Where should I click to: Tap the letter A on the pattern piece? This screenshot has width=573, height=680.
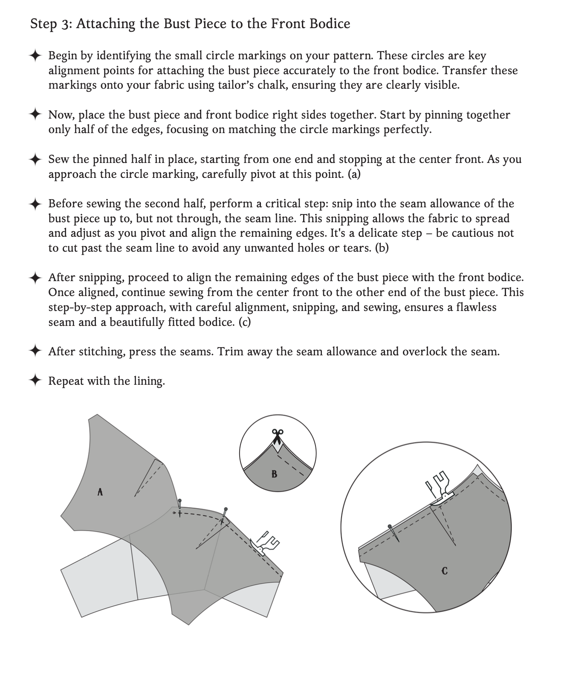[x=100, y=492]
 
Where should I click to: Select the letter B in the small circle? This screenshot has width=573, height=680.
[x=274, y=474]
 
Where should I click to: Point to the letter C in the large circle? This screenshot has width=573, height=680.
[x=445, y=570]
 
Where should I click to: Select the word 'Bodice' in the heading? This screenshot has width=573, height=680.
[x=330, y=24]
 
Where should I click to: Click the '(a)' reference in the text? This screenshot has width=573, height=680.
[x=354, y=174]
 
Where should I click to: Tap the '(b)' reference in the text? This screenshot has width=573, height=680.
[x=382, y=248]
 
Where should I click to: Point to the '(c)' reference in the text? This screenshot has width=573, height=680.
[x=245, y=322]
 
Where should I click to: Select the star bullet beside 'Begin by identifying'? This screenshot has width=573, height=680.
[x=35, y=55]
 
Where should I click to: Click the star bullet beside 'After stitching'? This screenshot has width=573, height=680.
[x=35, y=351]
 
